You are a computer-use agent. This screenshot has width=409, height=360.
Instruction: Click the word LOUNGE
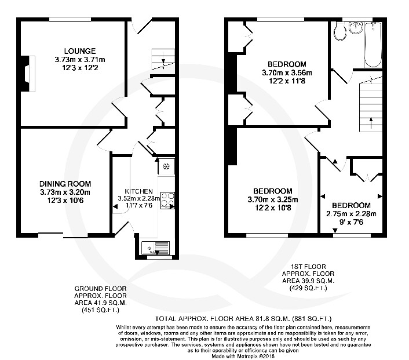(75, 51)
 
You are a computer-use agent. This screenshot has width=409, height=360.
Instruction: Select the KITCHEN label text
(138, 191)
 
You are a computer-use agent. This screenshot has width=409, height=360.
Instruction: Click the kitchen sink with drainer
(157, 249)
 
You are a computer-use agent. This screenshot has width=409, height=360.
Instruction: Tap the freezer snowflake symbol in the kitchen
(166, 166)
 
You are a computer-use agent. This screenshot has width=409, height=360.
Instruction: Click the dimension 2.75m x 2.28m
(351, 213)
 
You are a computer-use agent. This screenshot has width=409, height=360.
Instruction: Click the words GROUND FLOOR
(101, 288)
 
